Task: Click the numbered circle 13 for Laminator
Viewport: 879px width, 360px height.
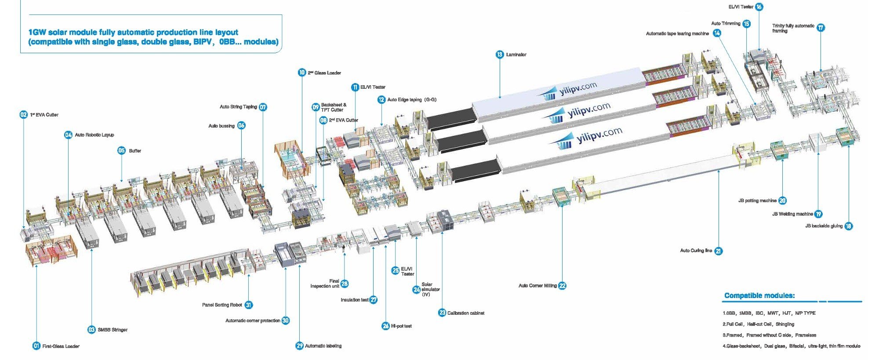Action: point(500,55)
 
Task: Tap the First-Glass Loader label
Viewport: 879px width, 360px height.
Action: point(61,346)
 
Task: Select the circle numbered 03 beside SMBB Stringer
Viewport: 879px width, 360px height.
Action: point(91,330)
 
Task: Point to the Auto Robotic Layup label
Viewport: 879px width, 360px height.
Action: point(94,135)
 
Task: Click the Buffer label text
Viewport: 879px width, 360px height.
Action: point(135,151)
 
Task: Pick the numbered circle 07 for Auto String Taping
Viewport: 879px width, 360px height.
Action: point(263,107)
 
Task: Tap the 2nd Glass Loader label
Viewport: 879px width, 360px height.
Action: point(324,73)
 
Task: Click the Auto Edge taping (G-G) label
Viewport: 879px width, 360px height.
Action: point(412,100)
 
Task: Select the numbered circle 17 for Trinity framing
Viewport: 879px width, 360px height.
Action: point(821,27)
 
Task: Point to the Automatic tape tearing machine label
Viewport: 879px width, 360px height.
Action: point(677,33)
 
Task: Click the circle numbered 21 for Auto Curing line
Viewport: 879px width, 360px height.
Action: point(718,251)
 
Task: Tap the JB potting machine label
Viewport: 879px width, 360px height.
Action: point(757,200)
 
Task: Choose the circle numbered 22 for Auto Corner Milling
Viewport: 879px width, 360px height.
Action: point(562,286)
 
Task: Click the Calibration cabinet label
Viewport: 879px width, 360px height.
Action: point(466,313)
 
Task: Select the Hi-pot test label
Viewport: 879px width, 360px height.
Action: point(401,326)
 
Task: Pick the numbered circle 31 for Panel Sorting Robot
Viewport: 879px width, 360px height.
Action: point(248,305)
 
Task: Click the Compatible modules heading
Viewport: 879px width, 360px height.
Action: point(759,296)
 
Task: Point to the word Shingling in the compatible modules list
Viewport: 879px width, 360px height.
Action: point(785,324)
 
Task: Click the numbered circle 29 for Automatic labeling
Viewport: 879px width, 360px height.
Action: point(300,346)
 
